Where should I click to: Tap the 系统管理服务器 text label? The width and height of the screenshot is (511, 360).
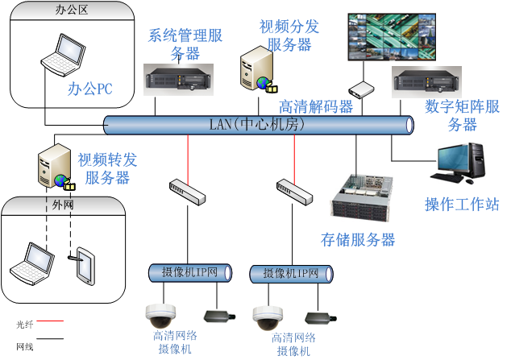pos(185,43)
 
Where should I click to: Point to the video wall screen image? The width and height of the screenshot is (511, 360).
pos(391,36)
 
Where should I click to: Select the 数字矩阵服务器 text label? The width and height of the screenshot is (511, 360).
pos(462,115)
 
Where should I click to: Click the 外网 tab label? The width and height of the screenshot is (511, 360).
pos(62,205)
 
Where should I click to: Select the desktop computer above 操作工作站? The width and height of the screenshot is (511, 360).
pos(457,163)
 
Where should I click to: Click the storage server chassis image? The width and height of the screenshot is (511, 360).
pos(361,197)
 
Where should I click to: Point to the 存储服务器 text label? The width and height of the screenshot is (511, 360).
pos(358,239)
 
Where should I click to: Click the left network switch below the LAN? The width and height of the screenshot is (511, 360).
pos(189,191)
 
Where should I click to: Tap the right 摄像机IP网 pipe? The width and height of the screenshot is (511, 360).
pos(291,274)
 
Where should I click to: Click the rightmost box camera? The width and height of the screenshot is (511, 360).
pos(320,318)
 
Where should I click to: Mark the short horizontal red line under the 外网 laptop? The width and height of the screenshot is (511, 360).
pos(50,321)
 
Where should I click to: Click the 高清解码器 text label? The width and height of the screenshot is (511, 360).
pos(316,106)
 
